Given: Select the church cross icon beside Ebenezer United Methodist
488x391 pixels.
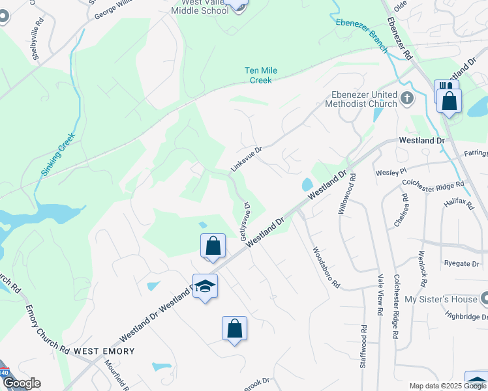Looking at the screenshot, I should point(408,98).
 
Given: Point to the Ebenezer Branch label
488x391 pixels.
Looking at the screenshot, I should point(361,31).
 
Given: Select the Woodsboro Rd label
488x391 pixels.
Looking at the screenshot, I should point(326,267).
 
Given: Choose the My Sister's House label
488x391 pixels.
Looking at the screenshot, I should point(442,299).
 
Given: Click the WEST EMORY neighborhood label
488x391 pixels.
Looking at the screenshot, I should point(104,351).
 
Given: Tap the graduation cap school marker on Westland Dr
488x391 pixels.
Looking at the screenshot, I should point(205,286).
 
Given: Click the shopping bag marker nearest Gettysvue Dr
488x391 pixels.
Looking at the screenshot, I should point(213,246).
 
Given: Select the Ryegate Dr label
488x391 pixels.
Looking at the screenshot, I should point(461,264).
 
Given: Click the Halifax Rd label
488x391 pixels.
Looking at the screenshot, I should point(458,203).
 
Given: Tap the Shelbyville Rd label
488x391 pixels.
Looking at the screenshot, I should point(38,38).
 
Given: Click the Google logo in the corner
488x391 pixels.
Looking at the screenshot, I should point(21,383).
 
